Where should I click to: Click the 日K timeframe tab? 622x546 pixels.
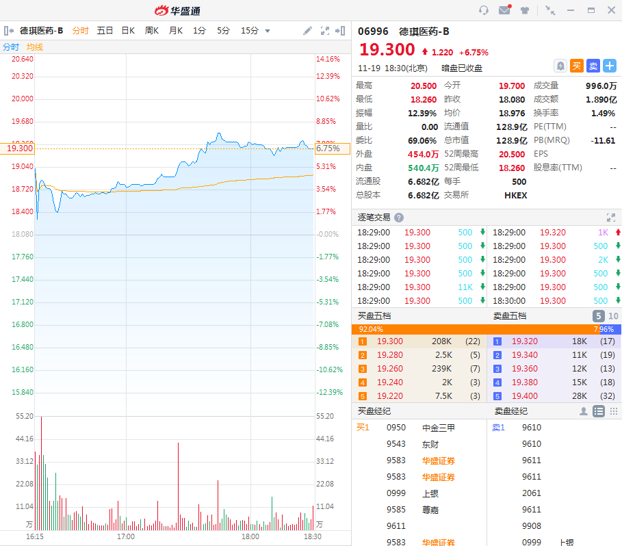(128, 31)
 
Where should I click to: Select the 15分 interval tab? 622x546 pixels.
(250, 31)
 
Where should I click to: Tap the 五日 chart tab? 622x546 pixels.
(105, 31)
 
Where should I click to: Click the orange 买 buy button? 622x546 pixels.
(577, 66)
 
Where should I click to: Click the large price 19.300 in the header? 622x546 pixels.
(387, 50)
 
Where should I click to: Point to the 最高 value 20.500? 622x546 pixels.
(424, 86)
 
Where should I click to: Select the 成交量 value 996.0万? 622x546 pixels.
(601, 86)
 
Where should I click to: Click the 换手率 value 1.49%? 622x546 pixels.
(603, 113)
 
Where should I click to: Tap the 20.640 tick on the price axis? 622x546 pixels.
(23, 59)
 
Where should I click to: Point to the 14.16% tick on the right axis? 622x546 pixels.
(328, 59)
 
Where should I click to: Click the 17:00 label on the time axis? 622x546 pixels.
(126, 537)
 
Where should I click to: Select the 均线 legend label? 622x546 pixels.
(34, 47)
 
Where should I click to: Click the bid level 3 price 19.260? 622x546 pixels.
(390, 369)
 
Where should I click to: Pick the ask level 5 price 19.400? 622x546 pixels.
(525, 396)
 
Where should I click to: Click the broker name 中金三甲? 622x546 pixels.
(439, 428)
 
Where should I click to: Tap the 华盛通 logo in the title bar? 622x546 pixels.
(177, 10)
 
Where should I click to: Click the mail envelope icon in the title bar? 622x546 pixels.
(504, 10)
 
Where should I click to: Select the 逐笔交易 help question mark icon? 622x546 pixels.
(399, 218)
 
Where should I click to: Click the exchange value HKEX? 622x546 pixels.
(515, 195)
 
